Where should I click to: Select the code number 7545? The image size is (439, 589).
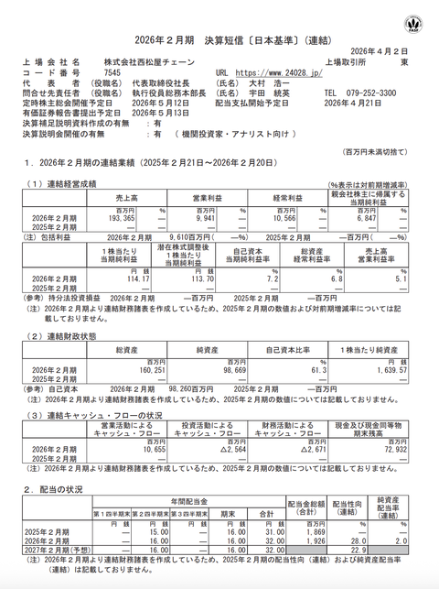coord(112,71)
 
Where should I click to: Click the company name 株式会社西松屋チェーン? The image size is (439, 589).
coord(147,60)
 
